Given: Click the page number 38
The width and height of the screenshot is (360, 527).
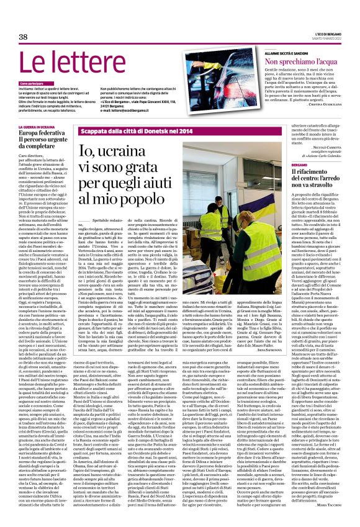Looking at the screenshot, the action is pos(24,38).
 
